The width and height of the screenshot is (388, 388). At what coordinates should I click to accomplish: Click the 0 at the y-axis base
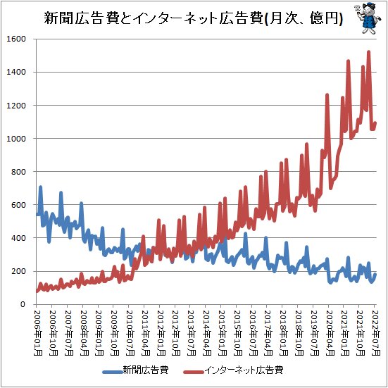pos(25,304)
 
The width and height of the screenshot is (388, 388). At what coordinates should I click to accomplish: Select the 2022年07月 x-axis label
pos(375,330)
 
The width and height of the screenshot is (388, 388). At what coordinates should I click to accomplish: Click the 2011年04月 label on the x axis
pos(145,330)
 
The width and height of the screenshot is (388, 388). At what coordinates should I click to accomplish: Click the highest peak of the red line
pos(369,51)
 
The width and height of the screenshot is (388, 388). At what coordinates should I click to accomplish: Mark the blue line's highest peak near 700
pos(40,187)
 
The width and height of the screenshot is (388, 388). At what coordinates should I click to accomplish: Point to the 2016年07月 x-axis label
pos(253,330)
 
